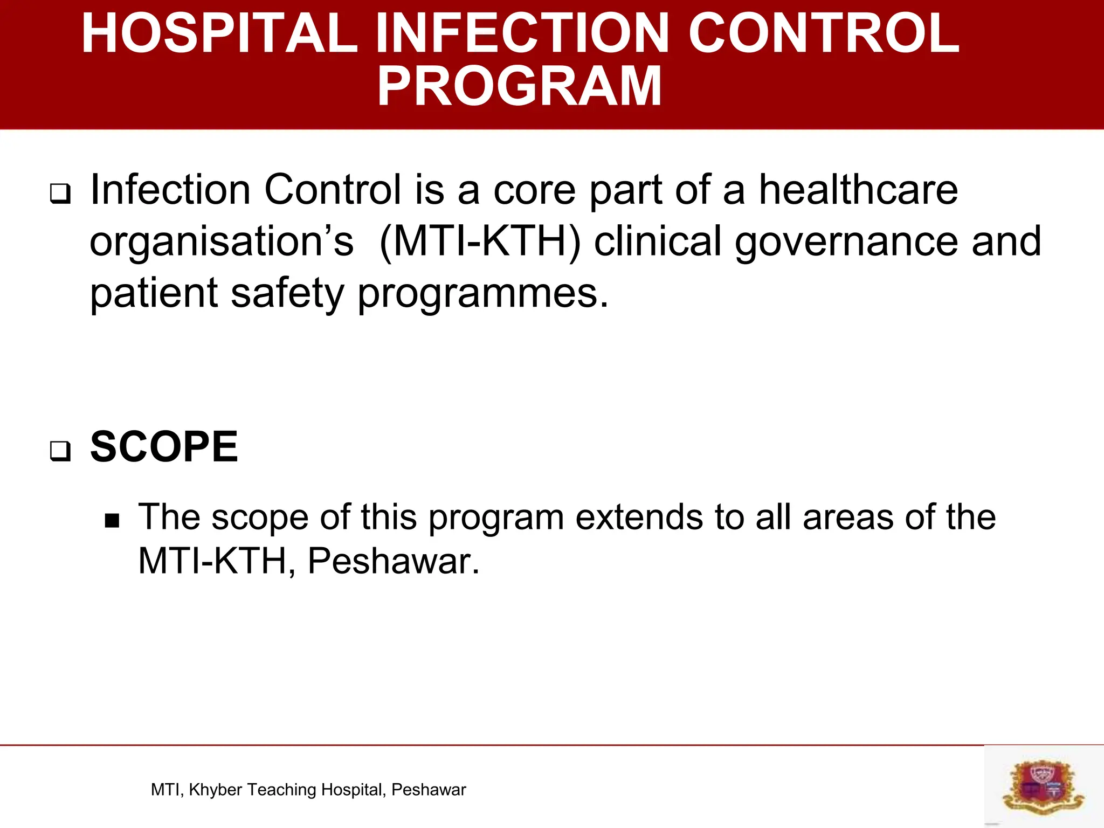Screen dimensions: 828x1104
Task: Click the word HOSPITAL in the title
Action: point(219,33)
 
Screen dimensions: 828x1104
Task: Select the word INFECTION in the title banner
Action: point(522,33)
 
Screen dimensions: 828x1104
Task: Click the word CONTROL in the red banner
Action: point(824,33)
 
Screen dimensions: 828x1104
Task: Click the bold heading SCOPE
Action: point(164,447)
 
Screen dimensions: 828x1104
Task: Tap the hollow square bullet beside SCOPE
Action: point(60,451)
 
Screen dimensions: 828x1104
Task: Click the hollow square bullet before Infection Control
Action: point(60,194)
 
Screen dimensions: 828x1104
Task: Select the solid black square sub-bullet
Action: point(112,521)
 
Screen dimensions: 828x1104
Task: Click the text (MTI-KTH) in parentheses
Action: point(480,241)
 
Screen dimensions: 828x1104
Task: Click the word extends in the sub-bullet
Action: point(639,517)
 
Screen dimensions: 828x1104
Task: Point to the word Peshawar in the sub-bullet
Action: point(393,561)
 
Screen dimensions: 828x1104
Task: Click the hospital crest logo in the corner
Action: point(1043,786)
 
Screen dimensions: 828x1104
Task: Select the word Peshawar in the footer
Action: point(429,790)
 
